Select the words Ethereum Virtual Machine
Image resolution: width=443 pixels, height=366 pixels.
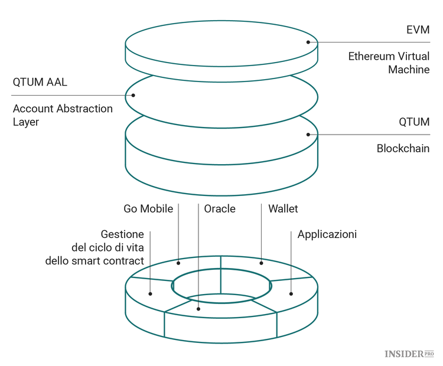point(388,63)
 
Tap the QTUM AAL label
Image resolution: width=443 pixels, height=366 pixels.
point(40,82)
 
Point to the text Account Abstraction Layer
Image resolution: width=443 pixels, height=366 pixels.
point(62,115)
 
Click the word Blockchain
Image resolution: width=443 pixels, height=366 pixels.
point(403,149)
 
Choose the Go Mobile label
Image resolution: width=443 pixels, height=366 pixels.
point(148,209)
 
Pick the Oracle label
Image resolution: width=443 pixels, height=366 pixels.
point(220,209)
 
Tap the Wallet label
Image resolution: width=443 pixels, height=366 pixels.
point(283,209)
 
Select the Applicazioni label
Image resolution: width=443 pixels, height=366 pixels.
point(327,234)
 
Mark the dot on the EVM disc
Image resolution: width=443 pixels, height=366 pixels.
point(308,42)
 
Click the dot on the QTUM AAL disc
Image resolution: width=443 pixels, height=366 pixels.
point(133,95)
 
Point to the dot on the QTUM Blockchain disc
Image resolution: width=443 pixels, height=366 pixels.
point(308,135)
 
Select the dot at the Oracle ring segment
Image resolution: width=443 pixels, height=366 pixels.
point(198,308)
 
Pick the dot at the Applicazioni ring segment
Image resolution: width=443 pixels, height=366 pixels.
point(291,293)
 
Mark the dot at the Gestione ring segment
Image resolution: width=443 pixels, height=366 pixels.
point(151,293)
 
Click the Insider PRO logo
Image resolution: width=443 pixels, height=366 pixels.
point(409,354)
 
